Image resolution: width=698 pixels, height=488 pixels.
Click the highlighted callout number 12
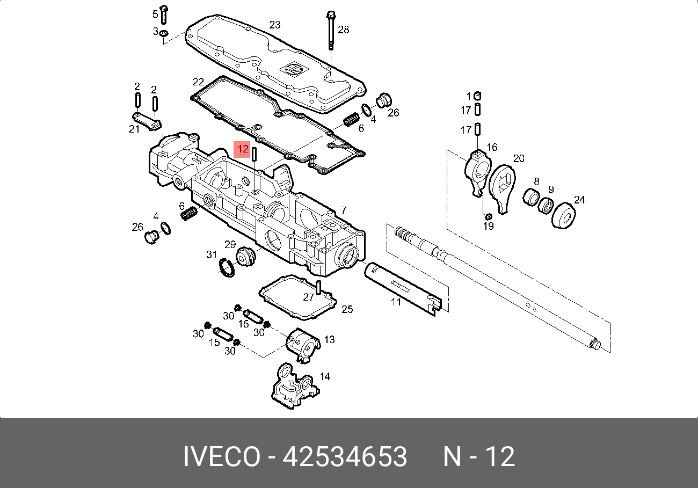tap(243, 149)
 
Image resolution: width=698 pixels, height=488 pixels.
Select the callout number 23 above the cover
tap(275, 25)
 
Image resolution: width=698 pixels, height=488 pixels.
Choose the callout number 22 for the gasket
tap(198, 82)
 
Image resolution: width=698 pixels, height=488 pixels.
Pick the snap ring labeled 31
tap(227, 267)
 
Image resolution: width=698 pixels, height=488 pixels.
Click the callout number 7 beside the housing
tap(344, 210)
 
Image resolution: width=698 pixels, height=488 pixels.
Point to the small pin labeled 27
tap(318, 287)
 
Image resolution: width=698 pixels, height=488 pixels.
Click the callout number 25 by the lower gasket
tap(347, 309)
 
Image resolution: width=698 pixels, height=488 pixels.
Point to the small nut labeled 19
tap(488, 216)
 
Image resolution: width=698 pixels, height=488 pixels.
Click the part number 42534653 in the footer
tap(345, 457)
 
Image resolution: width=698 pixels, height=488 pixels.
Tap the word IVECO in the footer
tap(222, 457)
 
